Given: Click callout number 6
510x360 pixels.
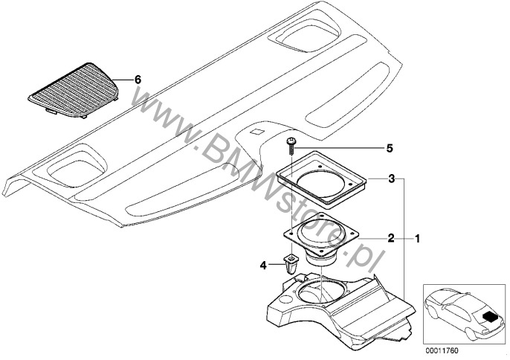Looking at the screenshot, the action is pos(138,80).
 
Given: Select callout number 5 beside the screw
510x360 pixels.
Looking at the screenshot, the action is pos(390,149).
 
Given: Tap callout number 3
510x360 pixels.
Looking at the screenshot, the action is pos(392,179).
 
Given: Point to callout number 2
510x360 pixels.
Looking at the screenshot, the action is pos(391,239).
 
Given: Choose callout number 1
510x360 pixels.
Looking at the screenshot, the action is pos(416,239).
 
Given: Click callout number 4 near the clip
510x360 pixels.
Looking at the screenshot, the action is pos(263,266).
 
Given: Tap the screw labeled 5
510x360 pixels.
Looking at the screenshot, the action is pos(291,146).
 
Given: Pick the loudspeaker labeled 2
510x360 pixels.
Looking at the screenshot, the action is pos(321,240).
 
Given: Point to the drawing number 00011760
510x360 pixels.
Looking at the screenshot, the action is pos(442,350).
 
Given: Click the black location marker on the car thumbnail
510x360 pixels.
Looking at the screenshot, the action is pos(490,315).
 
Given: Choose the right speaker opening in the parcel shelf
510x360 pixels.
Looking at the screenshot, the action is pos(308,36).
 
